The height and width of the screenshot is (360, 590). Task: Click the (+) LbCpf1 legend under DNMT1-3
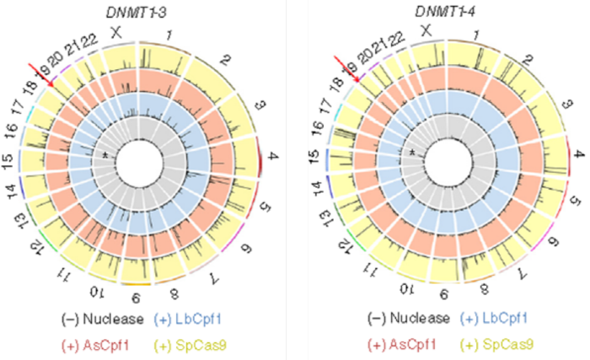185,318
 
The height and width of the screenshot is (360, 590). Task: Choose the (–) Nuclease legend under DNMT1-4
408,318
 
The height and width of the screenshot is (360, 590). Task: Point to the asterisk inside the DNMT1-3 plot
104,156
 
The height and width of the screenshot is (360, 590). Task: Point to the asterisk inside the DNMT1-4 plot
412,153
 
